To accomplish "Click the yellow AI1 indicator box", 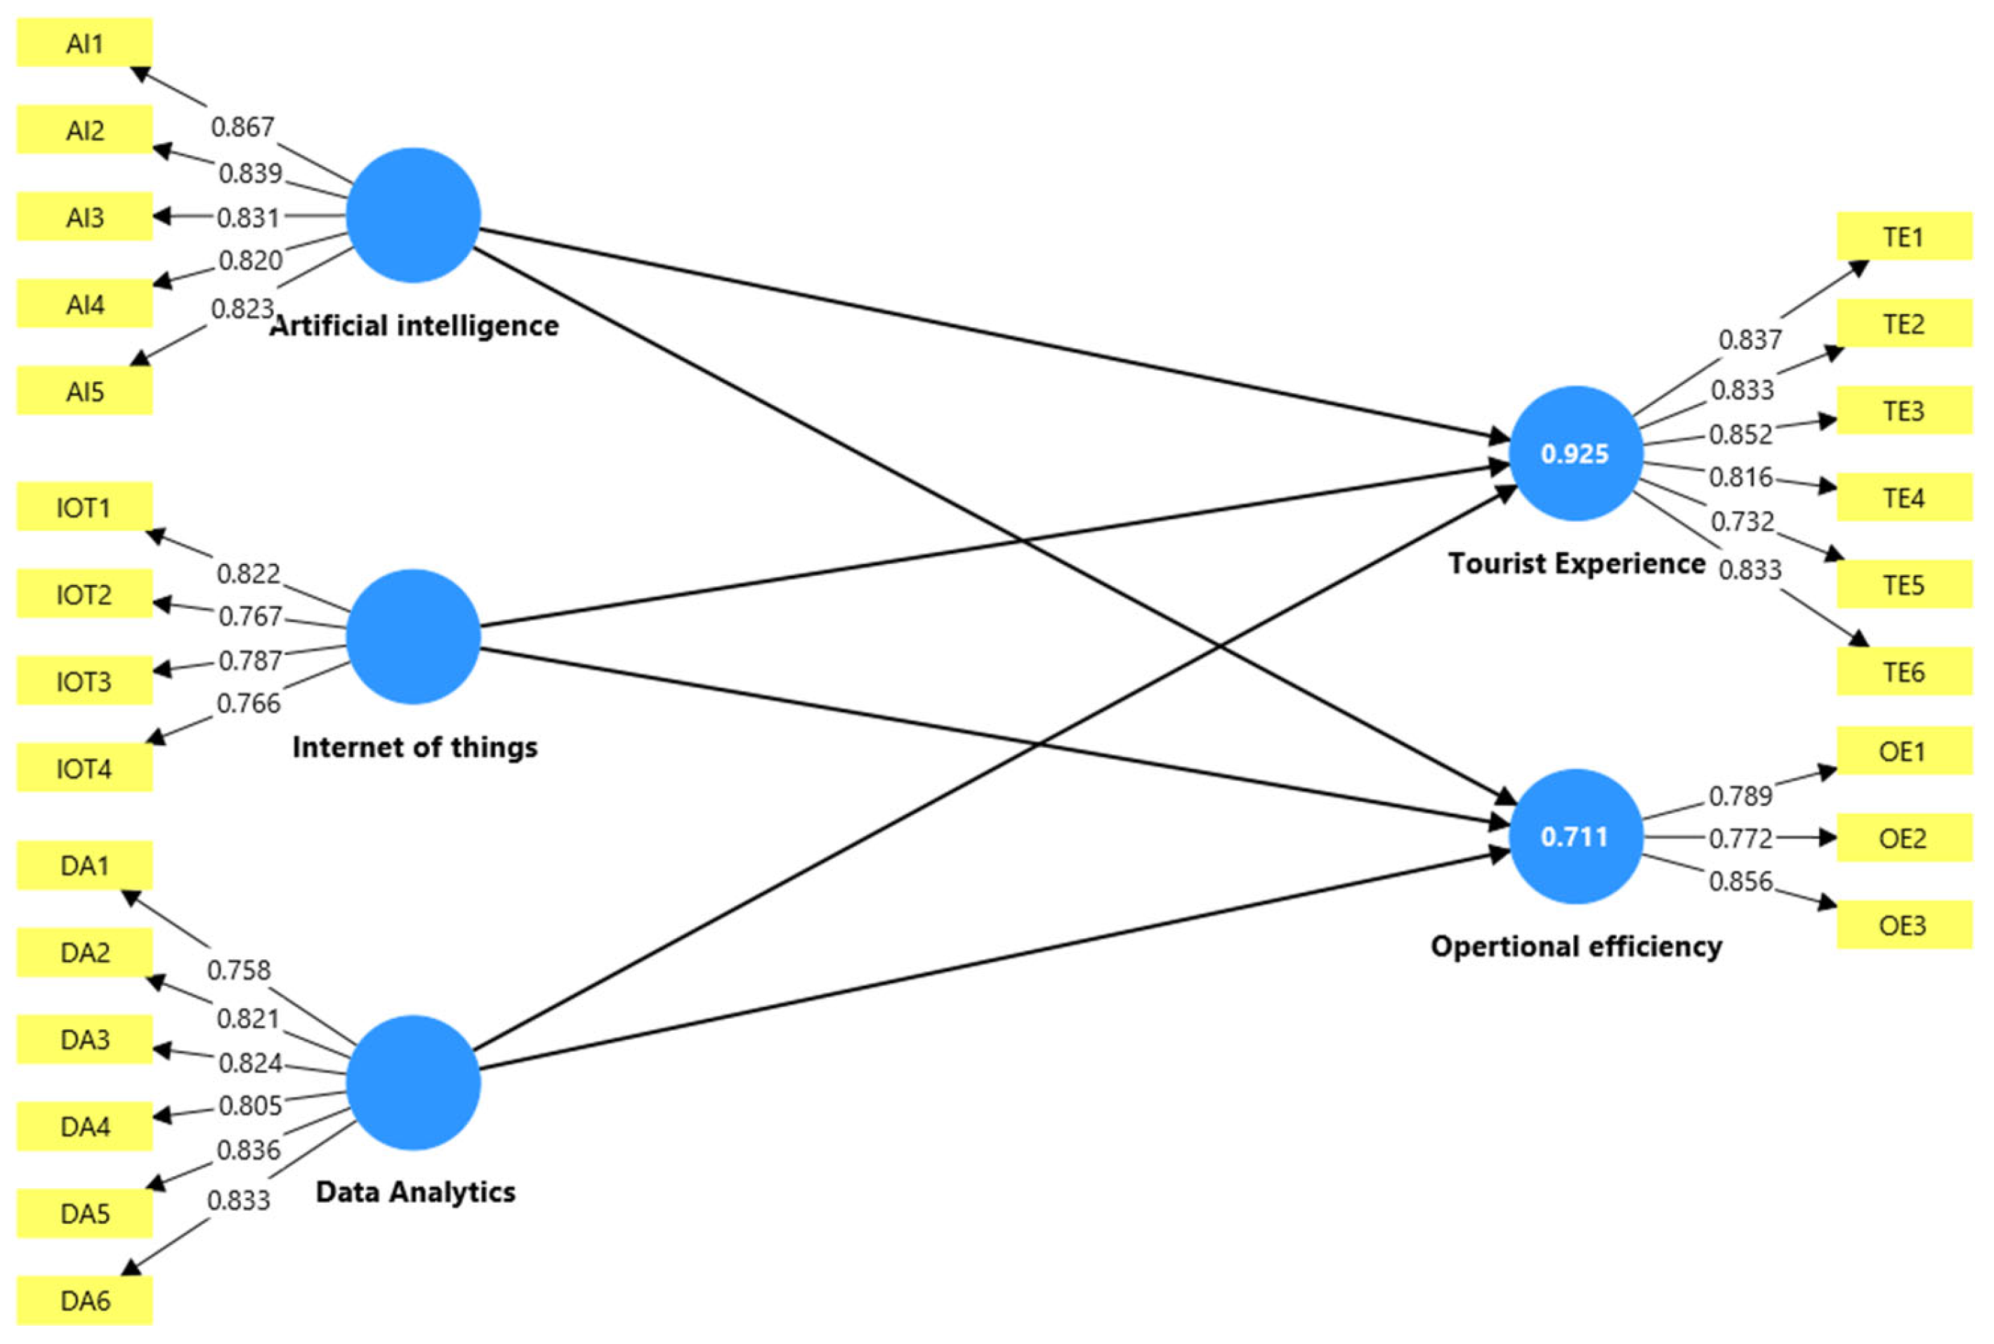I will (x=84, y=43).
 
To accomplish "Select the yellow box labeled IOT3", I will (x=84, y=681).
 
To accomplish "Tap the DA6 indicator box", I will (x=84, y=1300).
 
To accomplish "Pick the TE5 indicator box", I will (x=1903, y=584).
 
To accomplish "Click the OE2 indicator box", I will (x=1903, y=838).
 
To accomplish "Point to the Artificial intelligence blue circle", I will (x=413, y=215).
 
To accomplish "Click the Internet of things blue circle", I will (x=413, y=636).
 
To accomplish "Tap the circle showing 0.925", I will (x=1575, y=454).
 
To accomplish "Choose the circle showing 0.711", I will (x=1575, y=836).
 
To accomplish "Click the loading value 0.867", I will (x=242, y=128).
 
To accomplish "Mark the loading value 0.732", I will (x=1742, y=521).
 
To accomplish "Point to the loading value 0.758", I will (x=238, y=970).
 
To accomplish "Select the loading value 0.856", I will (x=1740, y=881).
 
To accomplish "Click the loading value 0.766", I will (x=249, y=704).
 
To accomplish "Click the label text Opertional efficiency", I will (x=1575, y=947).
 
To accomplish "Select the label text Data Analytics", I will (x=415, y=1192).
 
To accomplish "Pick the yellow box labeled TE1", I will (x=1903, y=237).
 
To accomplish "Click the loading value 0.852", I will (x=1740, y=435).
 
